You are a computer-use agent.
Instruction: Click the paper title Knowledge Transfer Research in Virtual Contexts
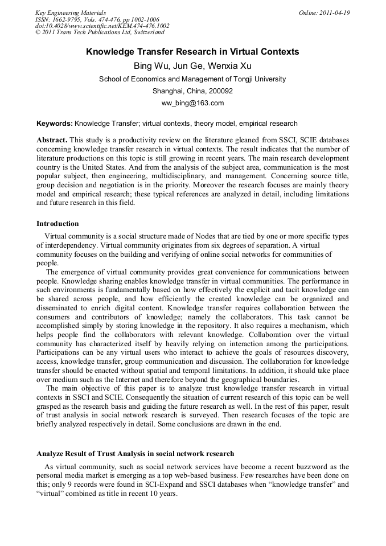click(192, 52)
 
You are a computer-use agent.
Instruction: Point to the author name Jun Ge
click(187, 66)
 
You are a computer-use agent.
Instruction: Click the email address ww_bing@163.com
click(192, 103)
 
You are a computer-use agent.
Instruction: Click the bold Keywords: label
click(54, 123)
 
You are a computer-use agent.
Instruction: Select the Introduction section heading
click(58, 224)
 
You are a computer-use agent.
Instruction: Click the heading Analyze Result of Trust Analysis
click(135, 454)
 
